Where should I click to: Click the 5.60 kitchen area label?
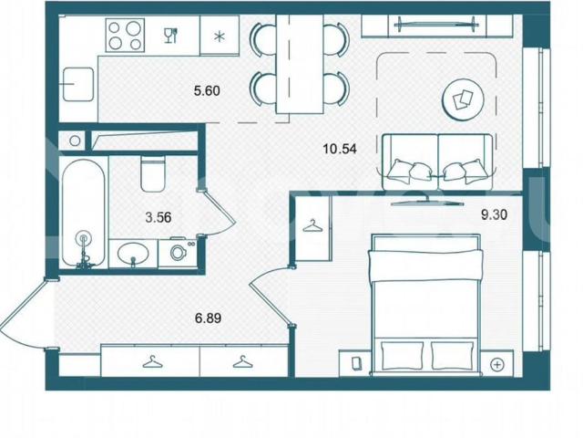click(207, 90)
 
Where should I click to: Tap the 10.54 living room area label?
click(340, 149)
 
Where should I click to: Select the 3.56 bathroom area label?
click(159, 217)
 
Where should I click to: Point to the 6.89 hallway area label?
click(209, 318)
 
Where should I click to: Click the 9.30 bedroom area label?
click(494, 215)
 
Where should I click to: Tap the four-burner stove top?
click(125, 36)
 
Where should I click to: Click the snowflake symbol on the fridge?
click(220, 36)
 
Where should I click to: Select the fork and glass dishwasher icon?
click(171, 36)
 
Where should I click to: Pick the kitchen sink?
click(78, 84)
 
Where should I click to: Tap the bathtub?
click(83, 212)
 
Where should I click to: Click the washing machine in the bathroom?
click(178, 253)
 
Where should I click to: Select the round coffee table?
click(463, 99)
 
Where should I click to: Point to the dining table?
click(300, 64)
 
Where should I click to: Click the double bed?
click(425, 303)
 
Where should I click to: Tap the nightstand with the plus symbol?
click(497, 364)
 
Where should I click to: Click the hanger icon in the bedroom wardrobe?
click(312, 225)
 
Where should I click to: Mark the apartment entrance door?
click(26, 313)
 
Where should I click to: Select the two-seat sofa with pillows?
click(438, 162)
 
